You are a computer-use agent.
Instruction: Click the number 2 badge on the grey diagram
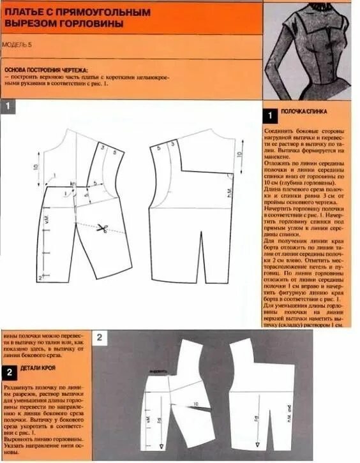point(101,337)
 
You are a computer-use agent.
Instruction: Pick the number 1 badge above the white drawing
point(8,107)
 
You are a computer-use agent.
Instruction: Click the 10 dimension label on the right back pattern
point(240,154)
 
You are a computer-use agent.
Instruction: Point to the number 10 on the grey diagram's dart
point(195,404)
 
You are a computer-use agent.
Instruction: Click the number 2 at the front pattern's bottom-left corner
point(40,278)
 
